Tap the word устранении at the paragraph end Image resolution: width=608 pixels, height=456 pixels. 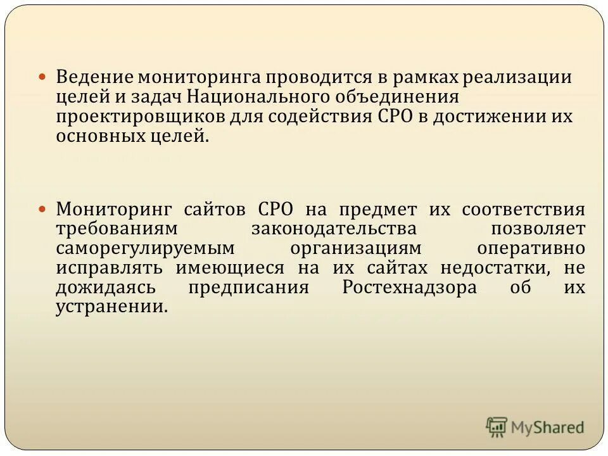pyautogui.click(x=111, y=307)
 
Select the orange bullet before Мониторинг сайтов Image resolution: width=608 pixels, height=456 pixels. pyautogui.click(x=43, y=209)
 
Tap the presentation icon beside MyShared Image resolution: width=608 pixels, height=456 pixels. pyautogui.click(x=497, y=426)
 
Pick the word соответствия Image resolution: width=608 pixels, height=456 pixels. pyautogui.click(x=523, y=209)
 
